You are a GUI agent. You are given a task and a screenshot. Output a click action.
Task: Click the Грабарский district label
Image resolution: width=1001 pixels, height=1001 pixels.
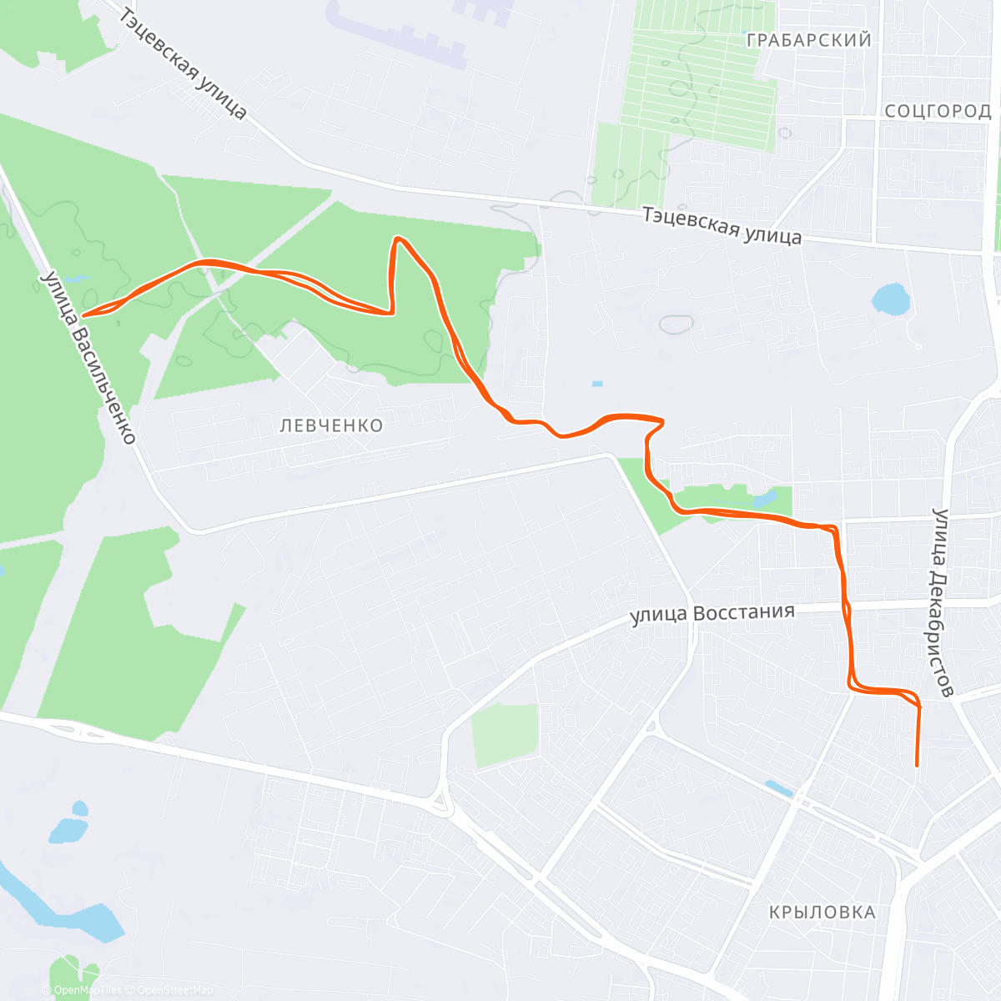tap(808, 40)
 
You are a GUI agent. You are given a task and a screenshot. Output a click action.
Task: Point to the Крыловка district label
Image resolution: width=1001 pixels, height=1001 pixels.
tap(822, 912)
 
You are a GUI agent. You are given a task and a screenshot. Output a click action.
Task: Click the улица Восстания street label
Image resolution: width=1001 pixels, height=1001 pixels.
tap(712, 614)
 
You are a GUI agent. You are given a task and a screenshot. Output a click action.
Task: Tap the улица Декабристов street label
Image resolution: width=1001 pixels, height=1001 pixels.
tap(943, 602)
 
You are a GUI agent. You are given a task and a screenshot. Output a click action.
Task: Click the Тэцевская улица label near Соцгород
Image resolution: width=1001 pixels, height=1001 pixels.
tap(722, 225)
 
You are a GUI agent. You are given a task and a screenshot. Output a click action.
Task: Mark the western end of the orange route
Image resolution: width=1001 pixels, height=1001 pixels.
tap(83, 315)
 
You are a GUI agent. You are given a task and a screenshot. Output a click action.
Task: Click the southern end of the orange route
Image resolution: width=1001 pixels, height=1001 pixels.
tap(917, 765)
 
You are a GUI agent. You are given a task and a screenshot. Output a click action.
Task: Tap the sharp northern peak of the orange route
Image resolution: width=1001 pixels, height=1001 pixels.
tap(398, 239)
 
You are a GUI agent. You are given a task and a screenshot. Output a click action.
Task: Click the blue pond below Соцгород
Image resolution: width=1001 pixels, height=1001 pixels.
tap(890, 299)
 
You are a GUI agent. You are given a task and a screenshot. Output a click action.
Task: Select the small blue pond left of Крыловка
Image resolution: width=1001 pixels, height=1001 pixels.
tap(778, 788)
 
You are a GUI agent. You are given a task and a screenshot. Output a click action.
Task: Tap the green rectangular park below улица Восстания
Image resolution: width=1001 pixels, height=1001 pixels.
tap(505, 734)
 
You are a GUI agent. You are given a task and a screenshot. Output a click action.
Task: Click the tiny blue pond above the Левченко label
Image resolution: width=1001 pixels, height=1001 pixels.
tap(596, 385)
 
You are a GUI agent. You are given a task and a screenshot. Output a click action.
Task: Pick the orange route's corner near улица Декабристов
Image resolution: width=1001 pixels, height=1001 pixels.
tap(918, 706)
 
